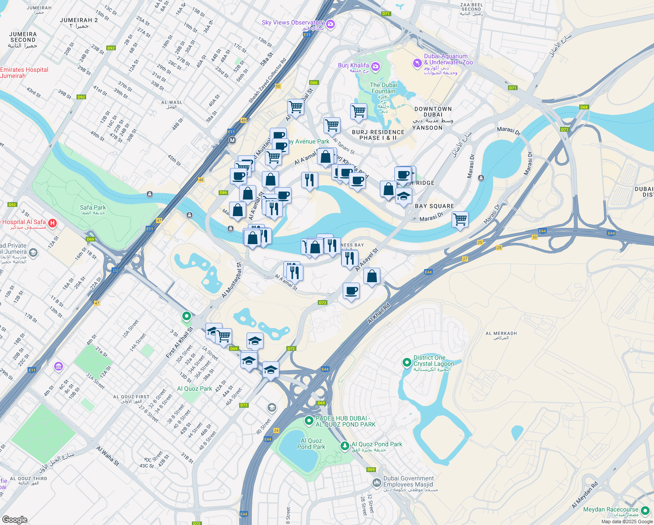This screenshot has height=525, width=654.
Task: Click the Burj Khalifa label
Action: pyautogui.click(x=353, y=66)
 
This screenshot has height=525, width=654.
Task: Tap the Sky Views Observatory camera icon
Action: pyautogui.click(x=330, y=24)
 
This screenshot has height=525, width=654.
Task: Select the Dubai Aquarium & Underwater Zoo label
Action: pyautogui.click(x=445, y=59)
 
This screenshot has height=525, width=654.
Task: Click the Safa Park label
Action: pyautogui.click(x=93, y=208)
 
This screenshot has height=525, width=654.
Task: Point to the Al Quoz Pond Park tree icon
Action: pyautogui.click(x=345, y=445)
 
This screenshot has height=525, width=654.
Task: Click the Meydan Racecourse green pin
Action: pyautogui.click(x=645, y=511)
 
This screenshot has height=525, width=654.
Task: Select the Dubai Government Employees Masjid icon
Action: pyautogui.click(x=376, y=483)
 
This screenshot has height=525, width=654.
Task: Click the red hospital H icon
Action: pyautogui.click(x=52, y=224)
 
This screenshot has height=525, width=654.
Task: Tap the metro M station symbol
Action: pyautogui.click(x=232, y=140)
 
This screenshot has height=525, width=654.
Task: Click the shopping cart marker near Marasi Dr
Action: pyautogui.click(x=460, y=219)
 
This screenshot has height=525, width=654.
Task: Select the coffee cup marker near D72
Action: pyautogui.click(x=351, y=291)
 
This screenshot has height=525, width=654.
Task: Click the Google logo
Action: pyautogui.click(x=14, y=519)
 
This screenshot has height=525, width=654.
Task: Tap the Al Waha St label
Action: pyautogui.click(x=108, y=456)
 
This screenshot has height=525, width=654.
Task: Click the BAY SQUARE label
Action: pyautogui.click(x=434, y=206)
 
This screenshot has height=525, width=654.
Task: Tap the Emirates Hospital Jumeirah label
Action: pyautogui.click(x=24, y=73)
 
